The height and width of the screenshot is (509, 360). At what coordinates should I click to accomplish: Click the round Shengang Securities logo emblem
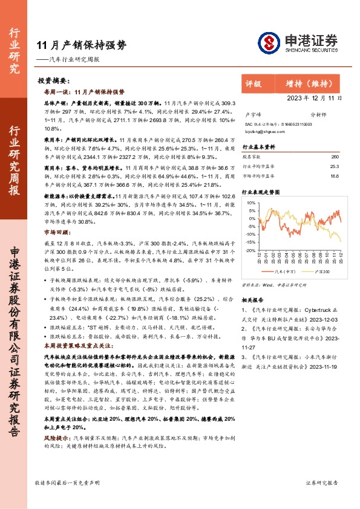[269, 42]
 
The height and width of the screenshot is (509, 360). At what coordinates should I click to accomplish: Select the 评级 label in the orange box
[254, 83]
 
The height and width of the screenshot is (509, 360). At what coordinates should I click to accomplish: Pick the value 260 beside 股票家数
[335, 157]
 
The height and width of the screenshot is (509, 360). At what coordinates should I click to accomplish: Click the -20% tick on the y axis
[250, 250]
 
